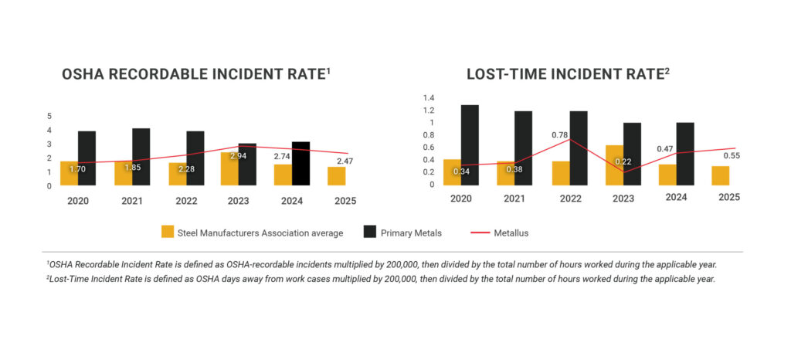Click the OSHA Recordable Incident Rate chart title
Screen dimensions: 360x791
coord(196,74)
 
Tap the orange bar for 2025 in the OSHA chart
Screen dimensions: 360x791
coord(336,176)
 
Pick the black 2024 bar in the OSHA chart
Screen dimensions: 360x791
coord(300,164)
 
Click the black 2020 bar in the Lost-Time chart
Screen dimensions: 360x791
coord(470,145)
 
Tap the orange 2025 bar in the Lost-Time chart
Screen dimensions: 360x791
coord(720,176)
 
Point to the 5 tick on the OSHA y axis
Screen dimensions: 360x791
coord(49,116)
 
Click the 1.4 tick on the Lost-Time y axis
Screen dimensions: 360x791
coord(428,98)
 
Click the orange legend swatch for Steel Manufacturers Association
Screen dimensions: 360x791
coord(168,232)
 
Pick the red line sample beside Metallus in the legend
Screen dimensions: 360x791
coord(487,232)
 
